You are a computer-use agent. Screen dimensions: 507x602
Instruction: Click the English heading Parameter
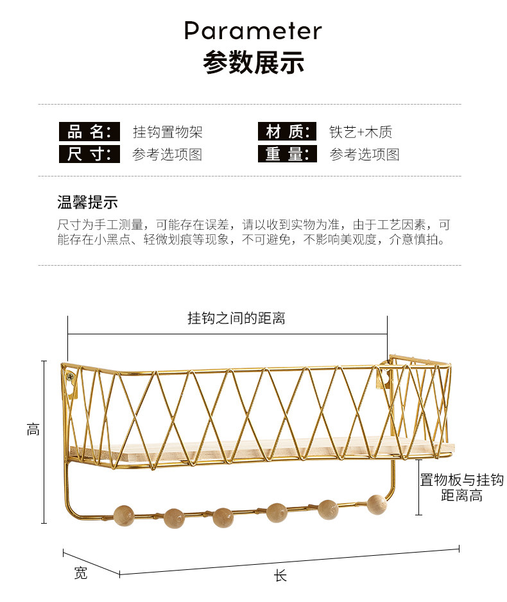tap(253, 31)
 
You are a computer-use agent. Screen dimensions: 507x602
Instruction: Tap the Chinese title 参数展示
tap(253, 62)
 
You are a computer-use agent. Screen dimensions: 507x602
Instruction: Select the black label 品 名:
tap(89, 132)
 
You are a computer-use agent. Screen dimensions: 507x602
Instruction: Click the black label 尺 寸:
tap(89, 154)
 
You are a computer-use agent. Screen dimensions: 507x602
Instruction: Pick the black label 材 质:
tap(288, 132)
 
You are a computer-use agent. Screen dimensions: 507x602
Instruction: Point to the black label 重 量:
tap(288, 153)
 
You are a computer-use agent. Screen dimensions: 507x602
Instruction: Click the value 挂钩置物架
tap(168, 132)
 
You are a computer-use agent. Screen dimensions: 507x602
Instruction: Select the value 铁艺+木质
tap(361, 132)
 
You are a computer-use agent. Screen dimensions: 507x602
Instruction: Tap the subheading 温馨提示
tap(87, 202)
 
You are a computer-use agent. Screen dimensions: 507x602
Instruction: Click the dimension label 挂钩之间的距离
tap(236, 318)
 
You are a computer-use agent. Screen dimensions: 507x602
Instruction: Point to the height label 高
tap(33, 429)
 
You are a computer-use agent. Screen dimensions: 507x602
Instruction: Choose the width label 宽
tap(81, 573)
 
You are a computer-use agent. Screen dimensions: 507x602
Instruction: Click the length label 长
tap(280, 576)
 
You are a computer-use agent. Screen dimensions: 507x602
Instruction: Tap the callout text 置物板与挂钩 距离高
tap(461, 488)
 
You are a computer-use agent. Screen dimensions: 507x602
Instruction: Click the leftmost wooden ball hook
tap(124, 515)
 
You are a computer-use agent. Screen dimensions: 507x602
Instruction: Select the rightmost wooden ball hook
tap(377, 504)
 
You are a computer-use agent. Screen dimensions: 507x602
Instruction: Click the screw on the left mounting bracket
tap(71, 377)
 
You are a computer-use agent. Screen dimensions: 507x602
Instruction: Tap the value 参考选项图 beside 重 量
tap(365, 154)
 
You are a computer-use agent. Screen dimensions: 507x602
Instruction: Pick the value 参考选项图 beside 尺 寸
tap(168, 154)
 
